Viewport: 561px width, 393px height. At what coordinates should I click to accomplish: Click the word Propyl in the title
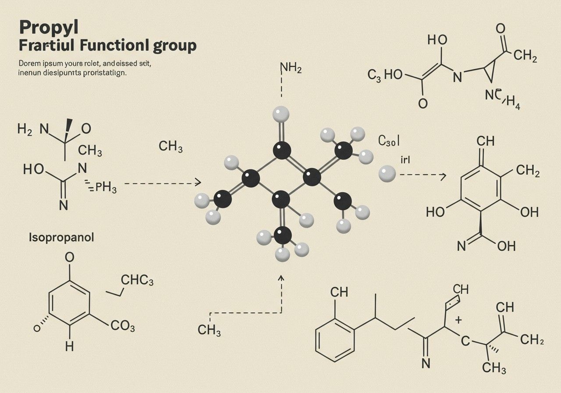(49, 28)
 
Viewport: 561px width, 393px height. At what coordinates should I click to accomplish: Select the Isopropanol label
(61, 238)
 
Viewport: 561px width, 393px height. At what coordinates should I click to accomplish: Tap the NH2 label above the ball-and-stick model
(290, 68)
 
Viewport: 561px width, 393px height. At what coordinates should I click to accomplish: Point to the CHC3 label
(136, 280)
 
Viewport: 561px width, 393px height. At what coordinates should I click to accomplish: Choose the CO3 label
(122, 327)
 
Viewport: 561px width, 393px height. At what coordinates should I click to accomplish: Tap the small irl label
(405, 160)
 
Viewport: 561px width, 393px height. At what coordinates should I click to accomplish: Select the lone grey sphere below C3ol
(387, 174)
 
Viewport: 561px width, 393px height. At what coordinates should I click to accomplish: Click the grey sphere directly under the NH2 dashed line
(280, 114)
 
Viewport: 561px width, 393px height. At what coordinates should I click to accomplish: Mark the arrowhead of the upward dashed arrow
(281, 278)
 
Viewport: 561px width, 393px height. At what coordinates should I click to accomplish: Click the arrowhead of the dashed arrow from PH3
(199, 182)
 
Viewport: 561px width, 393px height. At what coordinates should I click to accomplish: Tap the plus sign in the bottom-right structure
(458, 320)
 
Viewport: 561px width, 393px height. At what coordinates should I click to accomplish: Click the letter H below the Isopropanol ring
(69, 347)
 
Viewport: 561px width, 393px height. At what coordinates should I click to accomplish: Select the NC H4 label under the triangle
(502, 100)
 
